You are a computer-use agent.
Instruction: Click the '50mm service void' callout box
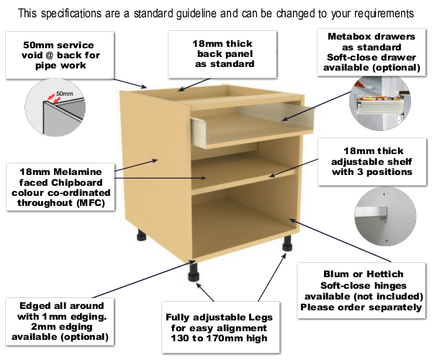pyautogui.click(x=63, y=56)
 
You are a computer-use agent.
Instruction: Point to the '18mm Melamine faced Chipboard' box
pyautogui.click(x=58, y=186)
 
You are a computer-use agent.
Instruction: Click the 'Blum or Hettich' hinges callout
pyautogui.click(x=361, y=291)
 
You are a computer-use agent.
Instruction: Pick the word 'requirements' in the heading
pyautogui.click(x=379, y=13)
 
